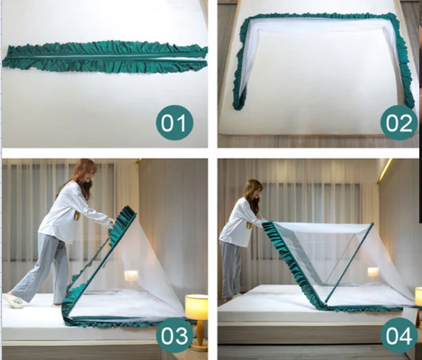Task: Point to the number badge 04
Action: click(x=398, y=336)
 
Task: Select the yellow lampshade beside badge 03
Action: click(x=196, y=307)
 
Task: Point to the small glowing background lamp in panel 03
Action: click(x=131, y=276)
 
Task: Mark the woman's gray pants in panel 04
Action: click(x=233, y=268)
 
